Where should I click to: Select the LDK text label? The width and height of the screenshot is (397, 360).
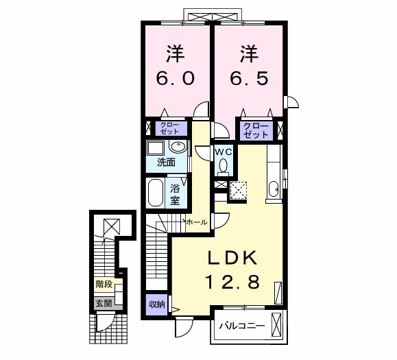pos(232,258)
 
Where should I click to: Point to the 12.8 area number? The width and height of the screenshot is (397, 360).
pos(232,281)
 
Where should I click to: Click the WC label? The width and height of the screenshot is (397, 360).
pos(223,151)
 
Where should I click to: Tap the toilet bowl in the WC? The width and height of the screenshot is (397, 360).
pos(223,165)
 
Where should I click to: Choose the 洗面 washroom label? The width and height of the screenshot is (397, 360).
pos(165,163)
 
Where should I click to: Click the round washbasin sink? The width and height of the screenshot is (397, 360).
pos(178,147)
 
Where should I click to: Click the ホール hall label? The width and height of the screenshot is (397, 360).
pos(196,223)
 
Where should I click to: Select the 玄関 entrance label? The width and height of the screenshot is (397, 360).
pos(103,302)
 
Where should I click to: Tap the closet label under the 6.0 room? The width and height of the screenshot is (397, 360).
pos(169,128)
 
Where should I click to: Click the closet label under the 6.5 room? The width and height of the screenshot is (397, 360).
pos(255,130)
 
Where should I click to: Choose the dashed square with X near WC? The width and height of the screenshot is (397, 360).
pos(239,190)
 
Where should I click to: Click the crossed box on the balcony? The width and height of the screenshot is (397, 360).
pos(277,324)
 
